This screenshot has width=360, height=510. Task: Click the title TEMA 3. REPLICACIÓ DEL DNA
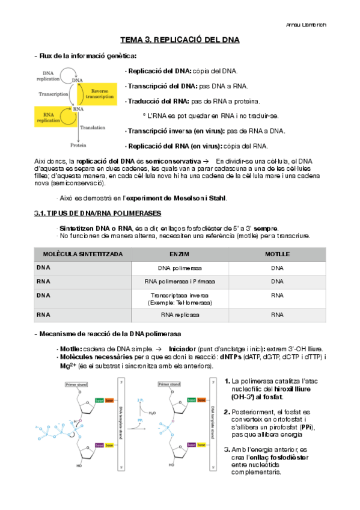[180, 40]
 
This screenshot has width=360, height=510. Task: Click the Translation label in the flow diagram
[93, 127]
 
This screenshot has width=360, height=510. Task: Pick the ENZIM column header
[180, 254]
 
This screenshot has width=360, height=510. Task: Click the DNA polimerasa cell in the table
[180, 268]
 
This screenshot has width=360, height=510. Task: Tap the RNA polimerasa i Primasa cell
[180, 281]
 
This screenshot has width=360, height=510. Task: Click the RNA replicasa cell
[180, 315]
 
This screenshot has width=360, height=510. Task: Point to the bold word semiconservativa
[172, 161]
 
